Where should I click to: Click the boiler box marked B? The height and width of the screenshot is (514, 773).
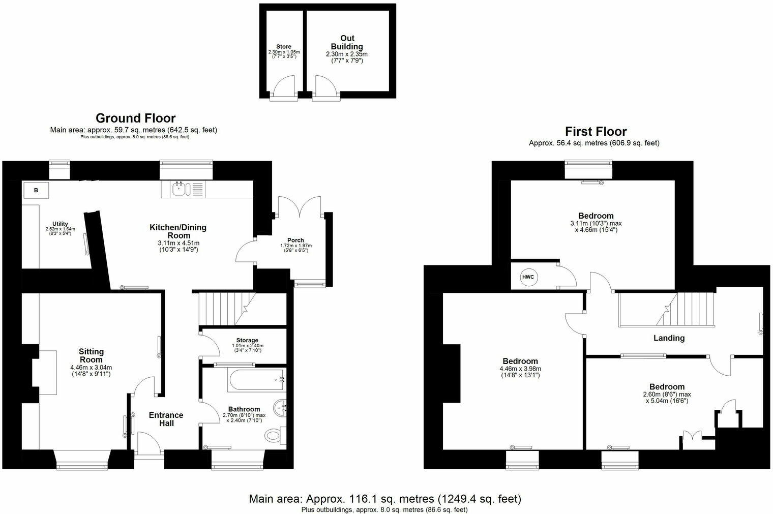click(36, 190)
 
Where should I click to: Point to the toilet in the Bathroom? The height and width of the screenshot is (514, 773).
click(274, 435)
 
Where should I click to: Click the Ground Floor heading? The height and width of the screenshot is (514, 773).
click(135, 118)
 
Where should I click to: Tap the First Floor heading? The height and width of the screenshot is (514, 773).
click(596, 132)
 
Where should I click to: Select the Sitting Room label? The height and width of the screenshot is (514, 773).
click(91, 355)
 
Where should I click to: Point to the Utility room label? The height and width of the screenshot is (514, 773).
click(60, 224)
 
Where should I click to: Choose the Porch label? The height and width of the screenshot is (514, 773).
click(295, 240)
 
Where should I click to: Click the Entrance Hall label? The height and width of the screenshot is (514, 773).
click(166, 419)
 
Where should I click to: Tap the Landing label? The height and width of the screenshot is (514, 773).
click(669, 338)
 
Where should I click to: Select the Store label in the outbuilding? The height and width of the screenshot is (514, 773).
click(284, 47)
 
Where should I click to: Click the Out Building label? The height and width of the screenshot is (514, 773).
click(347, 42)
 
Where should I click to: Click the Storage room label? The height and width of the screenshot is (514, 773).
click(247, 340)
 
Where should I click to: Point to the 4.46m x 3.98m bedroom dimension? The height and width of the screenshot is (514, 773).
click(521, 369)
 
